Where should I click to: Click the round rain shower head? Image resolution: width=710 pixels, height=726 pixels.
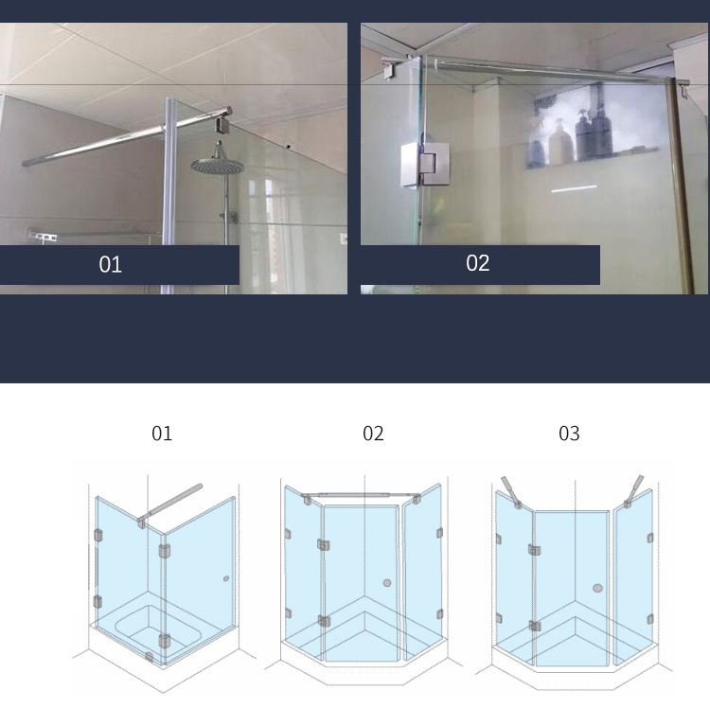pos(218,167)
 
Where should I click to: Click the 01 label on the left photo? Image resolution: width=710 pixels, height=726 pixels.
pos(111,265)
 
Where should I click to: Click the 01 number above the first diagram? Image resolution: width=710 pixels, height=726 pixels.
pos(162,434)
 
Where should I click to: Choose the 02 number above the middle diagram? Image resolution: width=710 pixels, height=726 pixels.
pos(373,434)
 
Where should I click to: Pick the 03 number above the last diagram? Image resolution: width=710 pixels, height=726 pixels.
pos(569,434)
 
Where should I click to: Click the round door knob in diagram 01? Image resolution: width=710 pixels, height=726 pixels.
pos(225,578)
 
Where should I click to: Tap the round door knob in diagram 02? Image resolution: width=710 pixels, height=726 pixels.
pos(387,583)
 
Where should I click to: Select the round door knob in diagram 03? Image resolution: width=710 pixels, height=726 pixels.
pos(597,589)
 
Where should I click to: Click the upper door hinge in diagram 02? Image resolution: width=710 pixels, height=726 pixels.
pos(324,545)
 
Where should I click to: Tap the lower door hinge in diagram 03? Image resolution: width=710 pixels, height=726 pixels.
pos(535,626)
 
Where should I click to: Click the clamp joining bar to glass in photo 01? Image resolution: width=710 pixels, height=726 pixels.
pos(225,120)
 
